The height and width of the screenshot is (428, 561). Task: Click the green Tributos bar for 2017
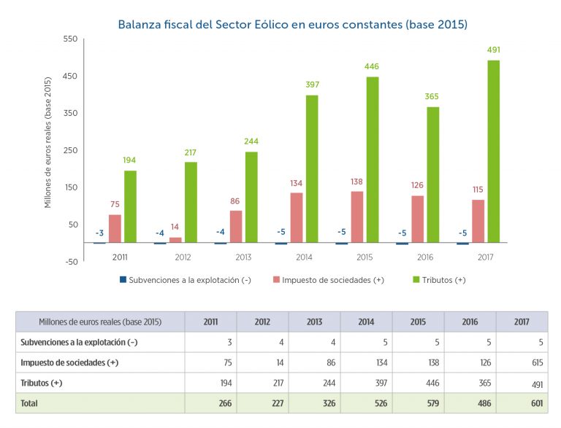(494, 151)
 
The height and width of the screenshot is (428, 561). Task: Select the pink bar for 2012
(175, 239)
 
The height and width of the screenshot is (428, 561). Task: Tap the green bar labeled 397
(312, 168)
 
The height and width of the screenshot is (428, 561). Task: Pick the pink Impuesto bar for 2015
(357, 217)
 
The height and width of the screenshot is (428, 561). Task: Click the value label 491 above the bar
(494, 50)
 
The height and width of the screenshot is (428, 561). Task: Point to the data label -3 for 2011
(99, 233)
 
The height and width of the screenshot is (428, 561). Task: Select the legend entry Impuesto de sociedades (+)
(328, 280)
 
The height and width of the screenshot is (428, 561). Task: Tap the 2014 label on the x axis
(305, 257)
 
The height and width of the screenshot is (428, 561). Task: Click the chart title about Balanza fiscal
(292, 24)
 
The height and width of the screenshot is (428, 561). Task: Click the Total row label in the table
(30, 403)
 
